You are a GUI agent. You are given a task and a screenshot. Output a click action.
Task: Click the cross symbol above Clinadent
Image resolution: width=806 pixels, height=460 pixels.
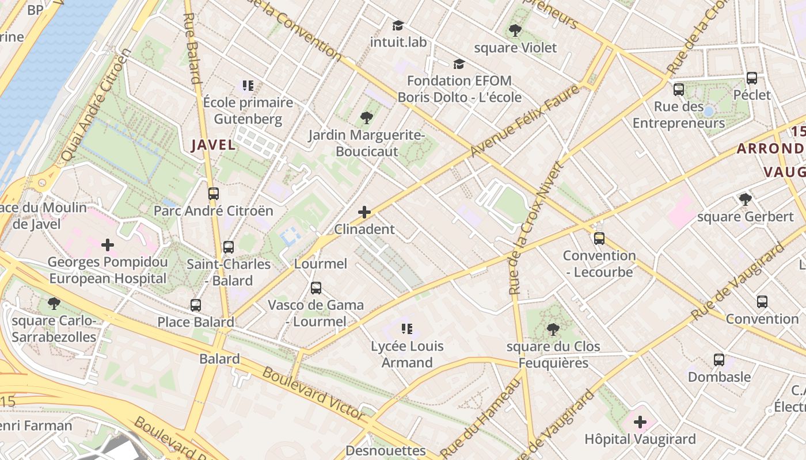364,212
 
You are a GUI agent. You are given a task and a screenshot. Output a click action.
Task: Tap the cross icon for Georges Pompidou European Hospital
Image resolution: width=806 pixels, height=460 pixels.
108,246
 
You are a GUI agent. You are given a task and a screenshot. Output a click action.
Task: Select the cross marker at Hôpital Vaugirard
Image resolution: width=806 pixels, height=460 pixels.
640,423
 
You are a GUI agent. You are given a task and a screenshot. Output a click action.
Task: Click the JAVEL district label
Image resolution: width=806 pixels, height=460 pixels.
214,145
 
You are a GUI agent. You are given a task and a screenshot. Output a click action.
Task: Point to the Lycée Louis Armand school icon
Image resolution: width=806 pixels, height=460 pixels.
407,329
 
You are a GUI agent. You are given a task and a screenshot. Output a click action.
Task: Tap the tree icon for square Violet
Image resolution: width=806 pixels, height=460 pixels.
515,30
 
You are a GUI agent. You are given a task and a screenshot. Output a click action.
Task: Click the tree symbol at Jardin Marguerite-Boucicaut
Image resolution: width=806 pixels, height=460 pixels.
366,118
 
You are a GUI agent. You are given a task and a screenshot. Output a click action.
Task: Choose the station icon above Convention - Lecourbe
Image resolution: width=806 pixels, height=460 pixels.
599,238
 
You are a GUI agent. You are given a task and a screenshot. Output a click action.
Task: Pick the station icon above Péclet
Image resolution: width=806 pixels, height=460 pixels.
752,78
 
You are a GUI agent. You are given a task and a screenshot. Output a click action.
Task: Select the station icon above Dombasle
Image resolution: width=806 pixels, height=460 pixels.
719,360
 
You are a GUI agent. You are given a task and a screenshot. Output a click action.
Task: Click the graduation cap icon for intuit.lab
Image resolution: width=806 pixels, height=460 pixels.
398,25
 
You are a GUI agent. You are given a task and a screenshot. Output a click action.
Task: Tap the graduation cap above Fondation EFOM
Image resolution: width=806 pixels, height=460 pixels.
459,64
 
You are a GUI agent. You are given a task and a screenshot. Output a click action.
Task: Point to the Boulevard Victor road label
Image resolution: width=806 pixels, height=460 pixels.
313,393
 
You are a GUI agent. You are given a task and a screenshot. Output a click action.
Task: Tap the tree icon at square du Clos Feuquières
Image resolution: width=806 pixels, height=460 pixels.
553,329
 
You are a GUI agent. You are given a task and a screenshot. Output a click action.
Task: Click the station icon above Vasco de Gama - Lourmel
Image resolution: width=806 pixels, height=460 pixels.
316,288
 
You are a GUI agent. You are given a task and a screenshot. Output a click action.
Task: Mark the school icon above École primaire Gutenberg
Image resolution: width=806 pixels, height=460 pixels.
248,86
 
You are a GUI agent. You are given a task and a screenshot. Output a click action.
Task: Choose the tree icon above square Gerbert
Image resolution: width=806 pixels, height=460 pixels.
746,200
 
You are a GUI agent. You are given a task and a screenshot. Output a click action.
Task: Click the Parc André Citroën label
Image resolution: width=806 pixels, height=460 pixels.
213,210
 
